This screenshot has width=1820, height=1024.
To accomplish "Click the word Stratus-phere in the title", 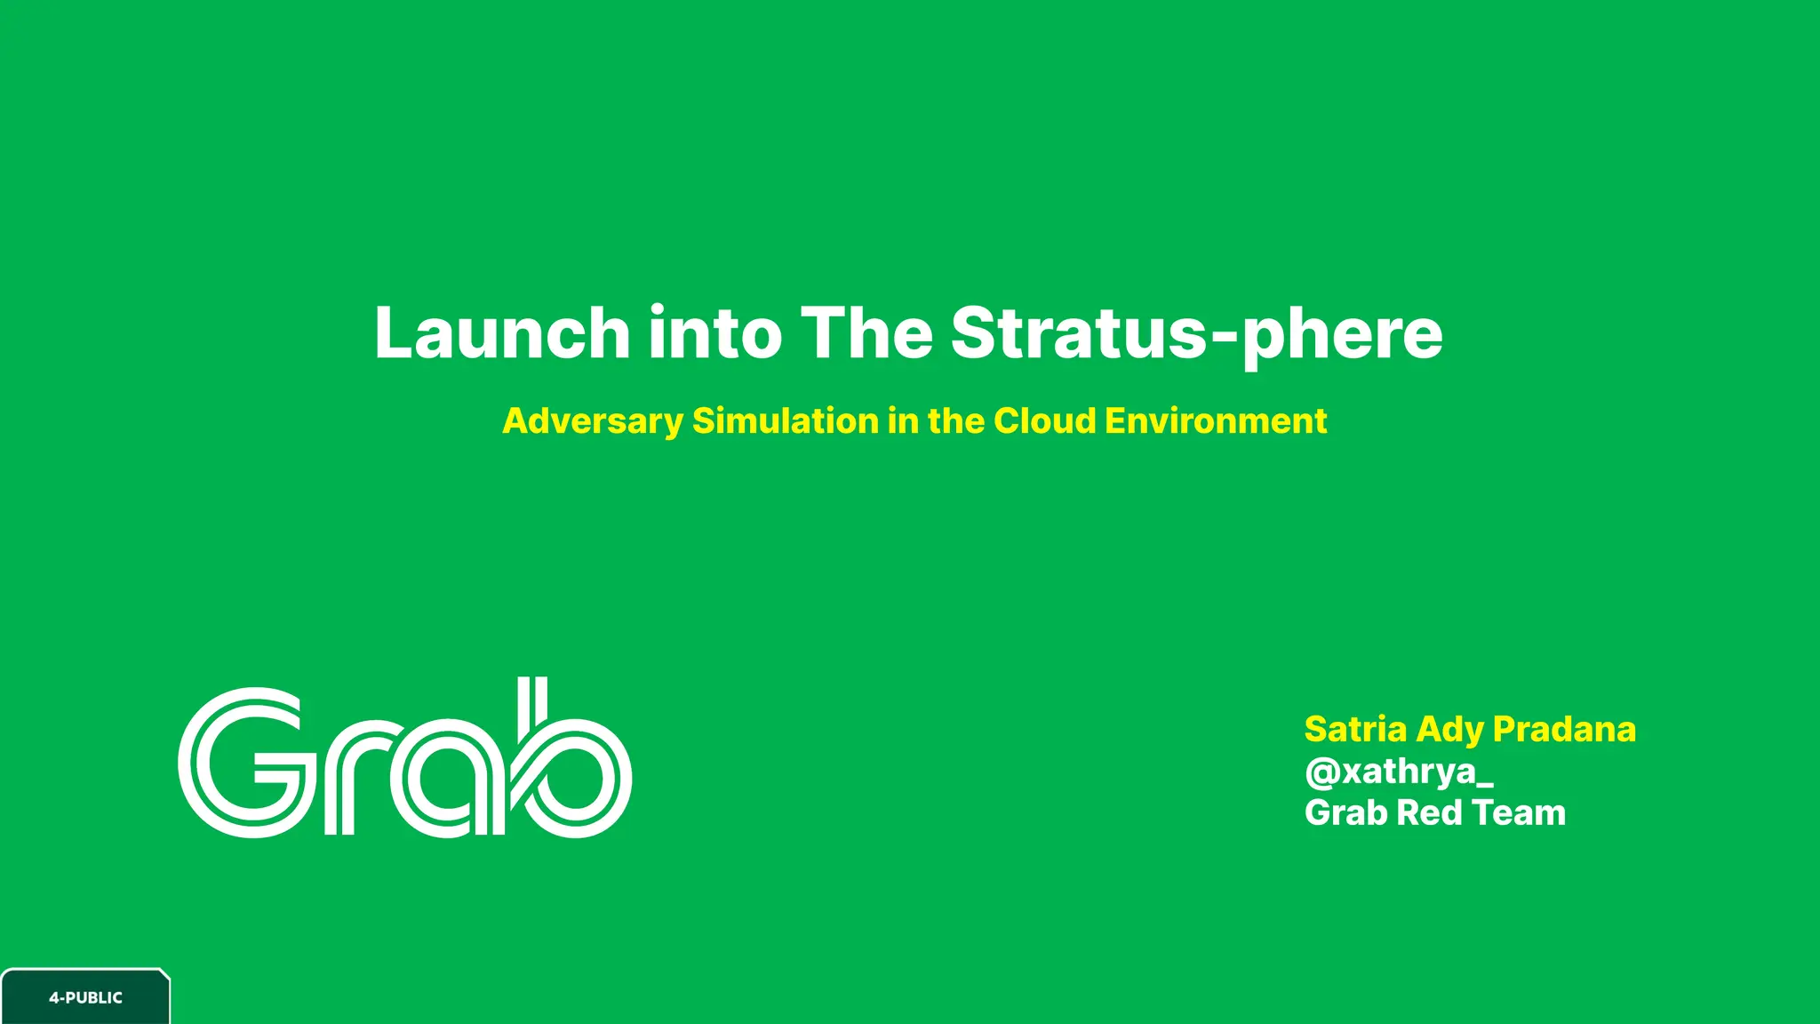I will coord(1196,334).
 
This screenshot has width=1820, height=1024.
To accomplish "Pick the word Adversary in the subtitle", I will coord(593,421).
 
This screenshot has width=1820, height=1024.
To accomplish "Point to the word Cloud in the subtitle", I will coord(1045,420).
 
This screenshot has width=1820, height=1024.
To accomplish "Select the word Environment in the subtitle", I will coord(1216,420).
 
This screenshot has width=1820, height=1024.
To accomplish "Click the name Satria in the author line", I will coord(1355,729).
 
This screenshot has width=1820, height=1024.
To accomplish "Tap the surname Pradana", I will coord(1564,729).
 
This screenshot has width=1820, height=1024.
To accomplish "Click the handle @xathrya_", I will coord(1399,772).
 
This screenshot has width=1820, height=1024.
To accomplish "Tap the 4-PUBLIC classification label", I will coord(85,997).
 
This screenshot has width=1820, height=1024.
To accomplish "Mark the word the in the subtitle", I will coord(955,420).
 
